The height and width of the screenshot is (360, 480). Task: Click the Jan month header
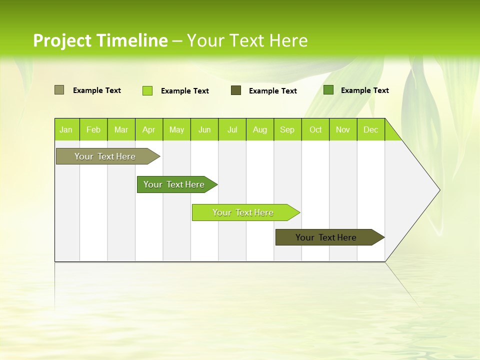[x=66, y=129]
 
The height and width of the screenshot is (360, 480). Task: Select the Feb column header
[x=93, y=129]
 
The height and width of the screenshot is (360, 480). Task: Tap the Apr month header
[x=149, y=129]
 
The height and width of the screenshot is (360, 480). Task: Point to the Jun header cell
[x=204, y=129]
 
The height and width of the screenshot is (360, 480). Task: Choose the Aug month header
[x=260, y=129]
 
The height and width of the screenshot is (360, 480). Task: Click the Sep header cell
[x=287, y=129]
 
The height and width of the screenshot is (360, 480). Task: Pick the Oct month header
[x=315, y=129]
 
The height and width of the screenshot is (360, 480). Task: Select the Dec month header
[x=371, y=129]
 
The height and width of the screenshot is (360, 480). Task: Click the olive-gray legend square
[x=59, y=90]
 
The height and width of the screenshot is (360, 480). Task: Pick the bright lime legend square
[x=147, y=90]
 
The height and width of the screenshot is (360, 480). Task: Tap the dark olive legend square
[x=236, y=90]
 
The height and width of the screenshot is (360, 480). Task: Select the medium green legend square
[x=328, y=90]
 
